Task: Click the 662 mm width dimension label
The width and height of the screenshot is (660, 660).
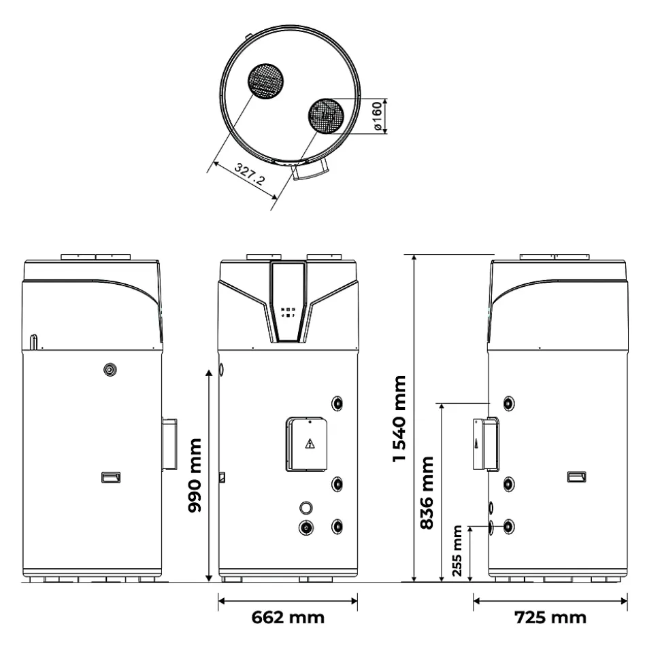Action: point(288,618)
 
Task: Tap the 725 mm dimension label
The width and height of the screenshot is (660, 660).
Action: point(550,618)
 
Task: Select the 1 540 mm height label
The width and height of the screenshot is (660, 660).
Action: point(399,419)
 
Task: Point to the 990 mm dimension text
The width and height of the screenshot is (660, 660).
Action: point(195,475)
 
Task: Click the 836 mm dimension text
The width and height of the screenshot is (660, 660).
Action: point(427,493)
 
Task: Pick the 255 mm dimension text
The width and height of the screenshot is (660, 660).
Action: point(457,551)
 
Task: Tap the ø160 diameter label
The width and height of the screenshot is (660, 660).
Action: point(377,116)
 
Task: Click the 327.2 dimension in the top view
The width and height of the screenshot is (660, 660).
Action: point(250,174)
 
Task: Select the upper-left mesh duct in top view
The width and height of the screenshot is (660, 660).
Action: point(265,82)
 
